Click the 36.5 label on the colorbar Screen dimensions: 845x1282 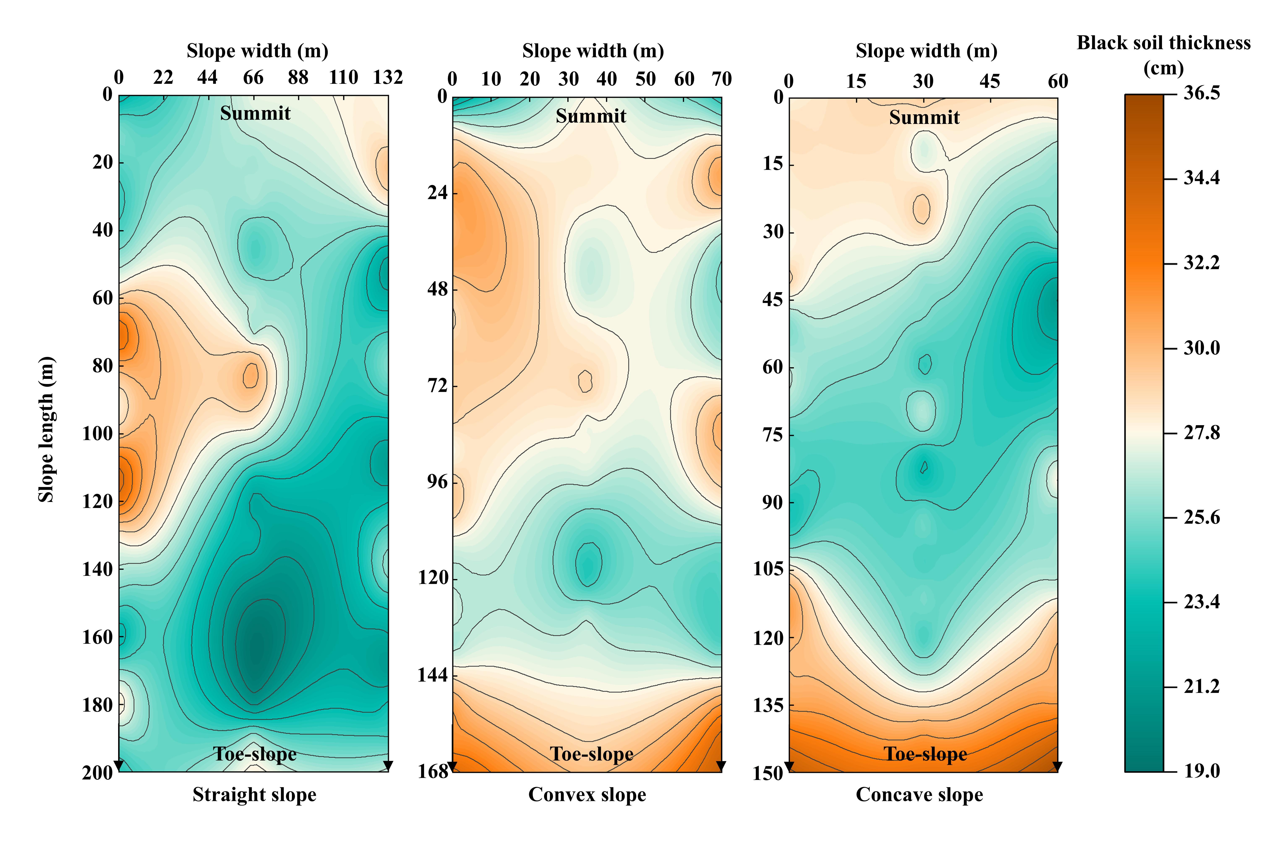click(x=1201, y=93)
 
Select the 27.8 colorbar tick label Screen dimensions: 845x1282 click(x=1201, y=433)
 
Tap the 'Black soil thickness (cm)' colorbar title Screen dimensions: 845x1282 click(x=1163, y=55)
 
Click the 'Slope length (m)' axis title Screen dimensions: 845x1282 click(x=46, y=430)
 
